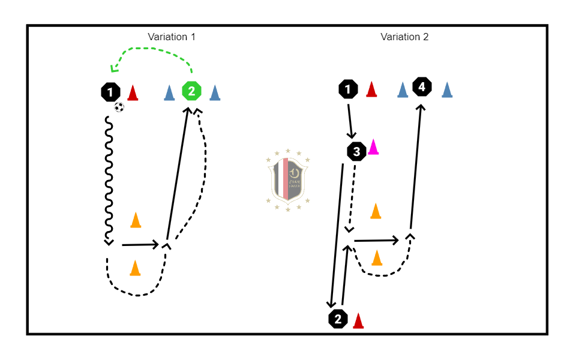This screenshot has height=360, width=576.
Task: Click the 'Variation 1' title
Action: pyautogui.click(x=172, y=37)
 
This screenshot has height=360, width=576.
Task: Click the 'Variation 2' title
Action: pyautogui.click(x=404, y=37)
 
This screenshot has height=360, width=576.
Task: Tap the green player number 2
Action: pyautogui.click(x=191, y=91)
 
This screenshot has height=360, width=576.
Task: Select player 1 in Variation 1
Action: pyautogui.click(x=110, y=92)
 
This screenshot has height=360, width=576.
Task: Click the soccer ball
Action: pyautogui.click(x=119, y=107)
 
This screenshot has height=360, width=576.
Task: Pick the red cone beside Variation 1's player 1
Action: pyautogui.click(x=133, y=92)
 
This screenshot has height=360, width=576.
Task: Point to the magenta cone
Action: pyautogui.click(x=374, y=147)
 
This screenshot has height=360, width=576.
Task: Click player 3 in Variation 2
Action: pyautogui.click(x=357, y=152)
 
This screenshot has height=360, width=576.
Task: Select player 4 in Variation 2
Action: pyautogui.click(x=422, y=87)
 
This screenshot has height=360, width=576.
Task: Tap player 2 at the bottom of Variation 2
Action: pyautogui.click(x=338, y=319)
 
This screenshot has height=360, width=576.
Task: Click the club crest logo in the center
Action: pyautogui.click(x=288, y=179)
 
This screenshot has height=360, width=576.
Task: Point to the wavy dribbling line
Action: pyautogui.click(x=109, y=180)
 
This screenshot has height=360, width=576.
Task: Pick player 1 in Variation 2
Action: pyautogui.click(x=347, y=90)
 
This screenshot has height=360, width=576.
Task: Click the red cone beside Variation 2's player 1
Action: pyautogui.click(x=371, y=89)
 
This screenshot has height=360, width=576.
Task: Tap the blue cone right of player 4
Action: pyautogui.click(x=446, y=89)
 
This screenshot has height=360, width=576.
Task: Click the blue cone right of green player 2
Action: pyautogui.click(x=215, y=92)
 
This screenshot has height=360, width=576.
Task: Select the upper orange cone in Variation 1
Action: pyautogui.click(x=136, y=220)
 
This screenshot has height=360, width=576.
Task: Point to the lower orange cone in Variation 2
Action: pyautogui.click(x=377, y=257)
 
